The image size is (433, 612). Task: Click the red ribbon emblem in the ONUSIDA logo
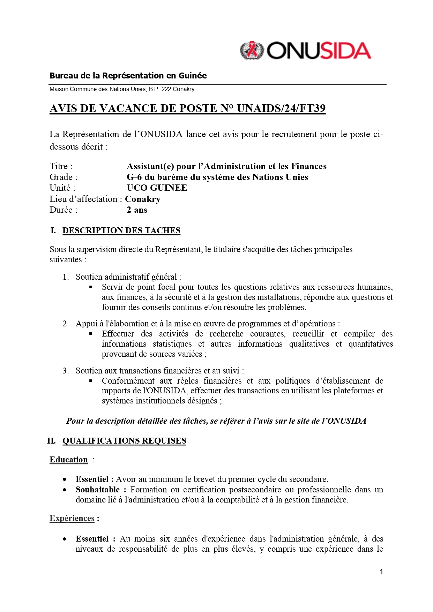tap(252, 51)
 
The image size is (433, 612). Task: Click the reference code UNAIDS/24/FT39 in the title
tap(281, 108)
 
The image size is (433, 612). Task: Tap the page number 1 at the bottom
tap(381, 572)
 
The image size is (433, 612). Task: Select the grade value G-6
tap(134, 177)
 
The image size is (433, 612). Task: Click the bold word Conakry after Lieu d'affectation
tap(143, 199)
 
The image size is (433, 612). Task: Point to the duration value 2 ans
tap(137, 210)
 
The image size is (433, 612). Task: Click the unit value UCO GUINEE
tap(157, 188)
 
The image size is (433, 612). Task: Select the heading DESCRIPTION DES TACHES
tap(121, 231)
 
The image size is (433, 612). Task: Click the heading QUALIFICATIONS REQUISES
tap(124, 441)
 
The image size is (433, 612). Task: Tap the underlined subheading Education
tap(68, 460)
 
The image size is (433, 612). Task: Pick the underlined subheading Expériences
tap(72, 518)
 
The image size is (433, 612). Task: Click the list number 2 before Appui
tap(65, 324)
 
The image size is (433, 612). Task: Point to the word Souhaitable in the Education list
tap(97, 490)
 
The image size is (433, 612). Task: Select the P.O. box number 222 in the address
tap(166, 89)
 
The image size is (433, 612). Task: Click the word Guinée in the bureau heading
tap(192, 76)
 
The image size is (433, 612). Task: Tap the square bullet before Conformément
tap(91, 381)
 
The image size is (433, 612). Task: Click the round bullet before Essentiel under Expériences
tap(65, 539)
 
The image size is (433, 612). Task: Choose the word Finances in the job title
tap(308, 166)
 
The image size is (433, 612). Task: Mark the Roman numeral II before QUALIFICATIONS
tap(51, 441)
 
